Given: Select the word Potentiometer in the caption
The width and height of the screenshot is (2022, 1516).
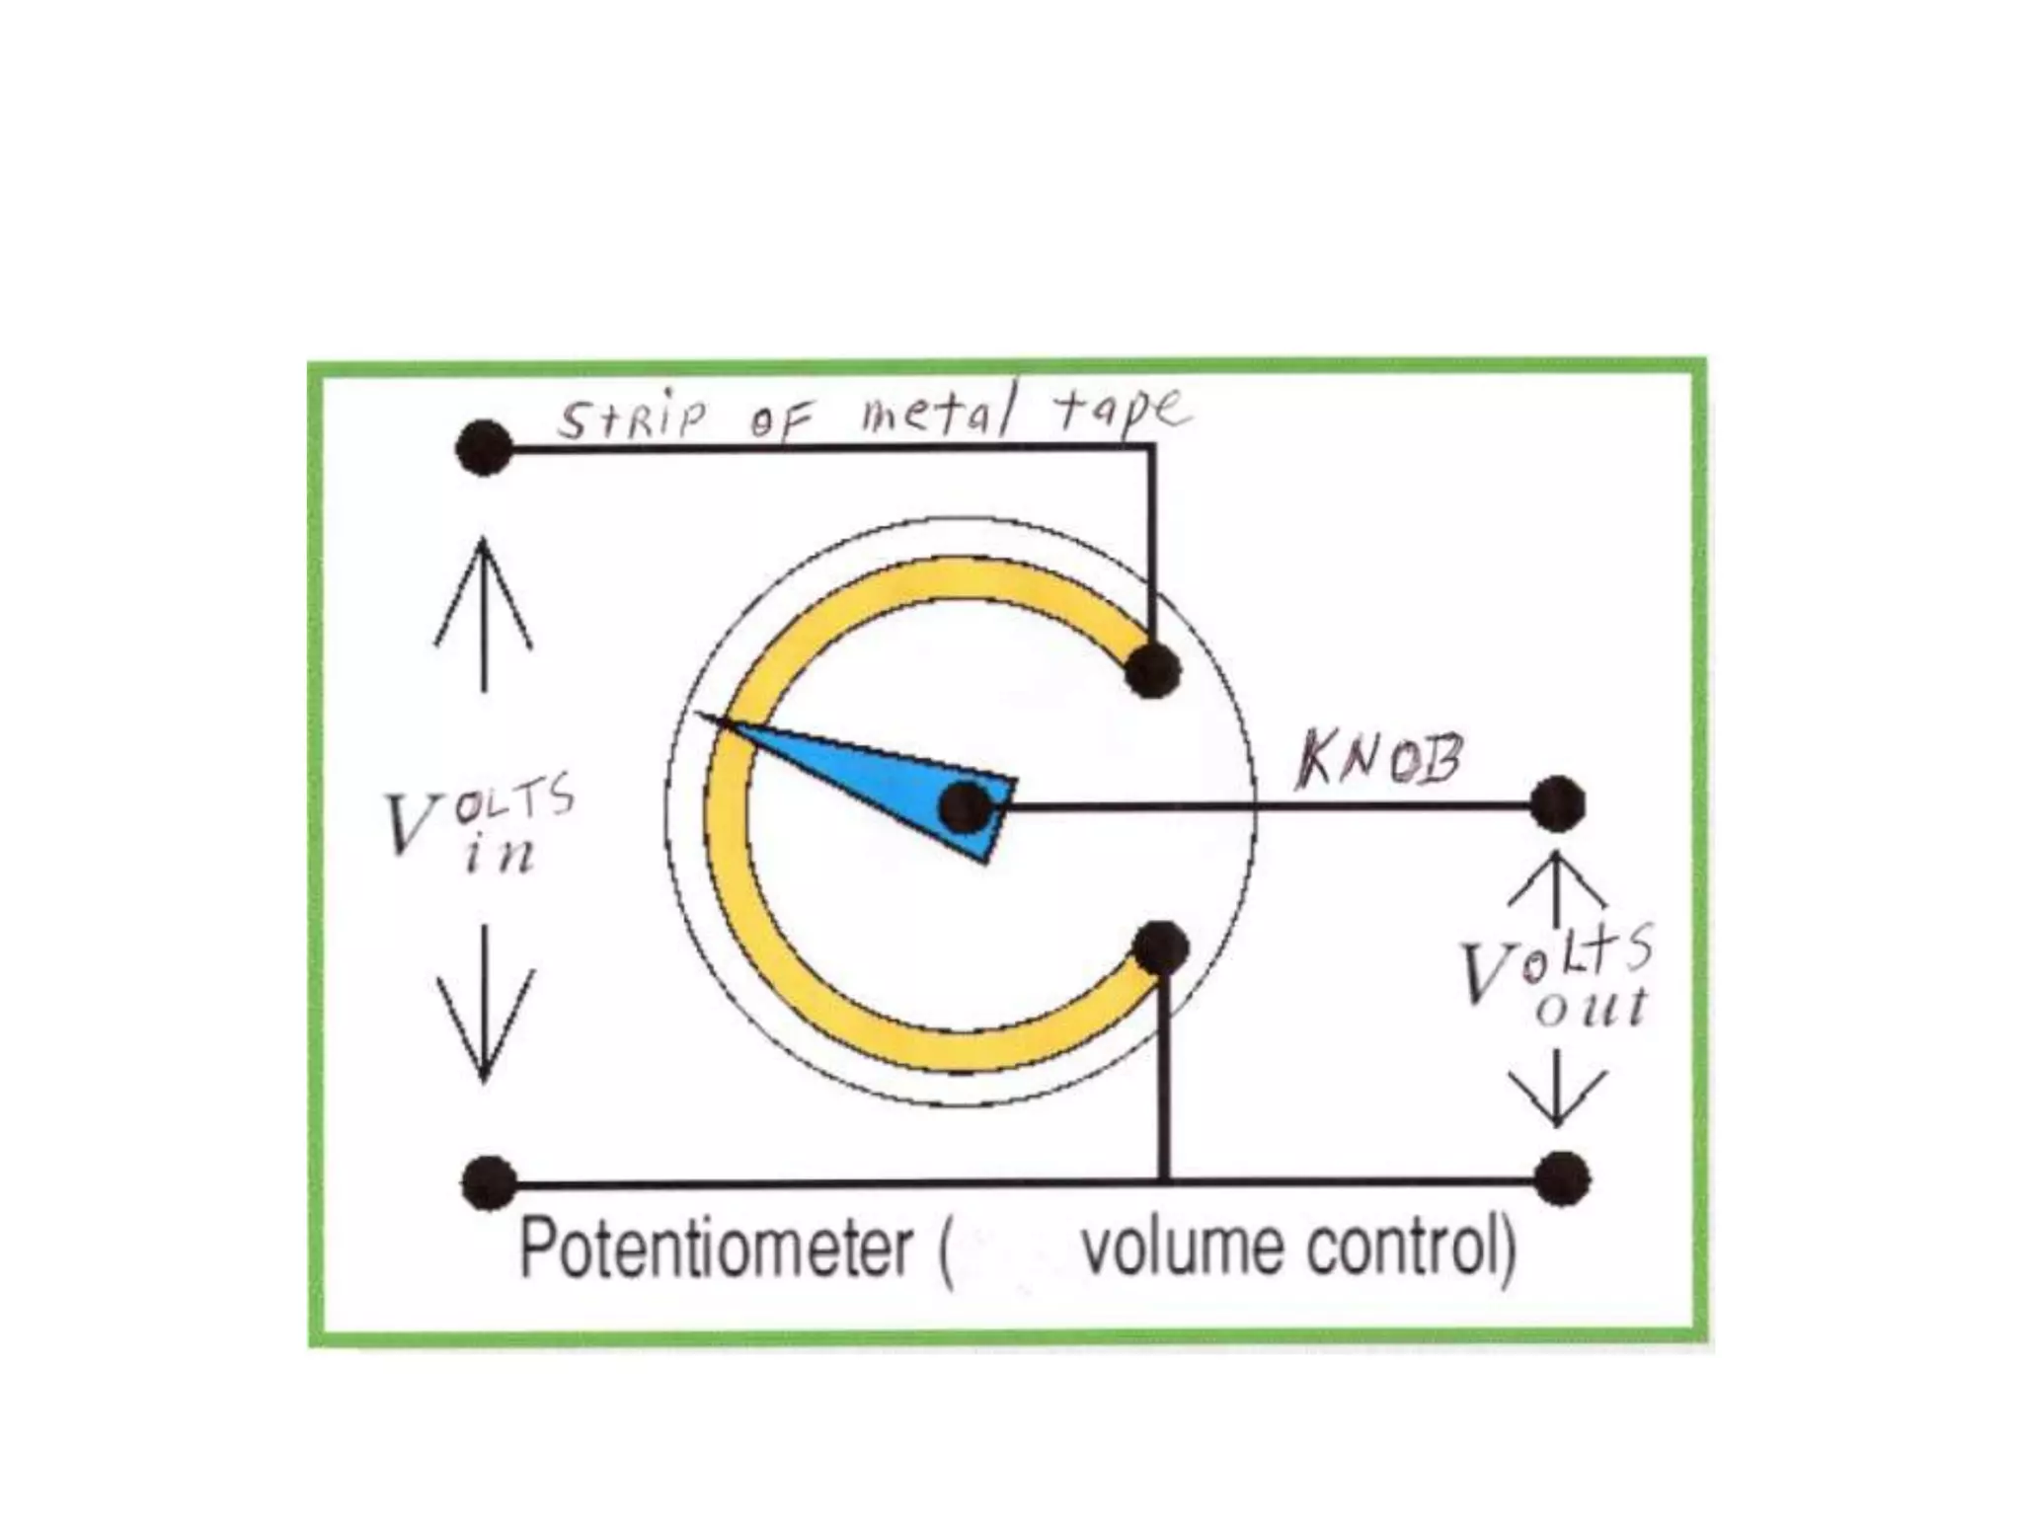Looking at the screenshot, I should (715, 1249).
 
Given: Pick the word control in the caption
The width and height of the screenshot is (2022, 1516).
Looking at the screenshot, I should (1402, 1249).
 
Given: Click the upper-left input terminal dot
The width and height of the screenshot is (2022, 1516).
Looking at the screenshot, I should (484, 448).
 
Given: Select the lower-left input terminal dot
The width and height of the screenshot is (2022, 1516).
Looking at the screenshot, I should (489, 1181).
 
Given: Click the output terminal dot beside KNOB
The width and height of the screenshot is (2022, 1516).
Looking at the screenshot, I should (1557, 804).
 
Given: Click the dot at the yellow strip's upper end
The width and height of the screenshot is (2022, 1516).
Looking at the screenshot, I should (1152, 669).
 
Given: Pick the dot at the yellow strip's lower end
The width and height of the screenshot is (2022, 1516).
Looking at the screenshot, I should (1161, 948).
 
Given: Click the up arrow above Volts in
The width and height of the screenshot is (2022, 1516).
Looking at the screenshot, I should (483, 612).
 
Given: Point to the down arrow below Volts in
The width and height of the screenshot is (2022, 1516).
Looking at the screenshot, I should (485, 1002).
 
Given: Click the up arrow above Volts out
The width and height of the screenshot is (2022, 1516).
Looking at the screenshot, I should (1556, 888).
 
